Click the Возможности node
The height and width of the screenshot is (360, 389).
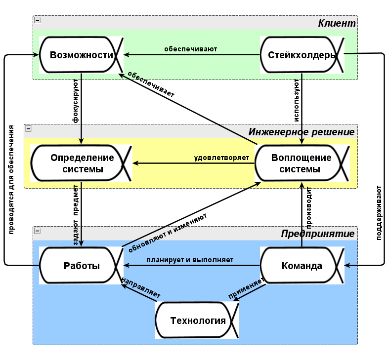[x=82, y=55]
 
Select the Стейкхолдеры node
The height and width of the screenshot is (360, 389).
[x=302, y=55]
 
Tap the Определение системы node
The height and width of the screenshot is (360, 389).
[x=82, y=163]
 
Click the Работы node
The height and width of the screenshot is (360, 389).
[x=82, y=266]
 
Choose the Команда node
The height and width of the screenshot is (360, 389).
[x=302, y=266]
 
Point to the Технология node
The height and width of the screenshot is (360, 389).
[x=198, y=320]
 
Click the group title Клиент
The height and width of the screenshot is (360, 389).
[x=337, y=23]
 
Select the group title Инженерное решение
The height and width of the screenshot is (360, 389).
[x=302, y=132]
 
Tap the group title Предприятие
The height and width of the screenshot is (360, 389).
[x=318, y=234]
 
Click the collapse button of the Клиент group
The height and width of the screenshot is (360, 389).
[x=37, y=20]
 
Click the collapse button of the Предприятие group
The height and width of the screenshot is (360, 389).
[x=37, y=231]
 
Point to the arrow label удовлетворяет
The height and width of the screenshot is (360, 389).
[x=221, y=158]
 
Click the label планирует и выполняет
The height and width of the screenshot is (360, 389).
[x=190, y=260]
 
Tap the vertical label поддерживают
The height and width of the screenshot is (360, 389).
[x=379, y=212]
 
